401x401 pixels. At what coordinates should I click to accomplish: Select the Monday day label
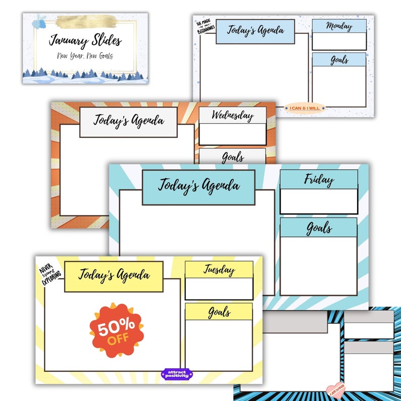pos(339,26)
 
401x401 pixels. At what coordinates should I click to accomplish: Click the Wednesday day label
pos(232,115)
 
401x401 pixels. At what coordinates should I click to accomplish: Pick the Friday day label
pos(319,179)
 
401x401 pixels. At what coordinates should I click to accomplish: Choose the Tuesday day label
pos(219,270)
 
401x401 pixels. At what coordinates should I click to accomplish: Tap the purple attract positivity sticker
pos(177,374)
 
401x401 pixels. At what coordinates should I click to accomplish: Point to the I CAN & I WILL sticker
pos(305,108)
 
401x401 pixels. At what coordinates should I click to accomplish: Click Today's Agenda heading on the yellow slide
pos(114,276)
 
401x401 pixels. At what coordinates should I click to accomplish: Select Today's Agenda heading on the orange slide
pos(128,121)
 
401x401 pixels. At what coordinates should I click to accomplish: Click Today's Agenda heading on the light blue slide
pos(255,30)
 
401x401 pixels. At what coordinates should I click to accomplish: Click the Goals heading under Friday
pos(319,228)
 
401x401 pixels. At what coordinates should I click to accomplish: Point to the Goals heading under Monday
pos(339,60)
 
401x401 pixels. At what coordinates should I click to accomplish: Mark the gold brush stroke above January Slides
pos(86,21)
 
